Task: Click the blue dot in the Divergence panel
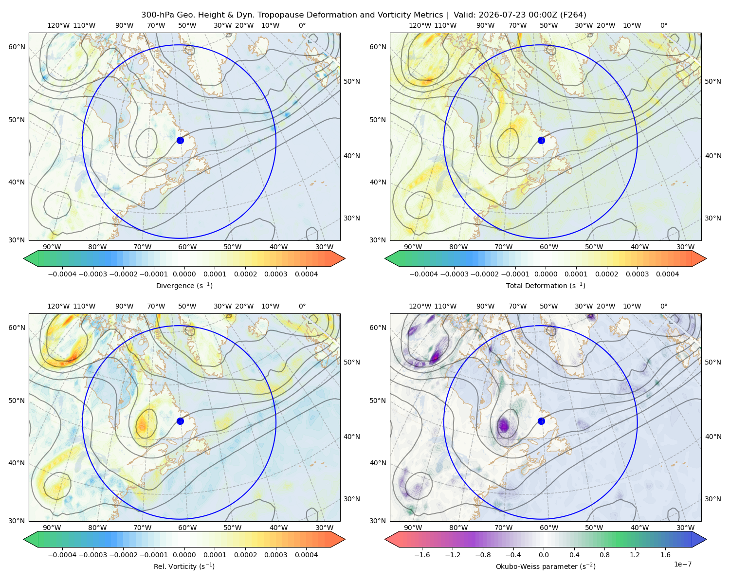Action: (180, 140)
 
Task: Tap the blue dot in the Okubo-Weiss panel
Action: (541, 421)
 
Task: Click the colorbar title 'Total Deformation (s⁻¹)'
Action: (546, 285)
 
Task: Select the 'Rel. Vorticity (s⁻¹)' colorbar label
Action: (184, 566)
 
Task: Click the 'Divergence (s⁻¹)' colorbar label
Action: (184, 285)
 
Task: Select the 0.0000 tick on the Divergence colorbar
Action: (184, 274)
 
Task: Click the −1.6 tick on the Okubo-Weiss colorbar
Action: (422, 554)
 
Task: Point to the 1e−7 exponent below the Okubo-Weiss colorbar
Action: (682, 564)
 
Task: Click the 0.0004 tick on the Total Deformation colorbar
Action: (667, 274)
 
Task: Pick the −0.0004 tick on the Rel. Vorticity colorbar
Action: (62, 554)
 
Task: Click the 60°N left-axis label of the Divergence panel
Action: (17, 47)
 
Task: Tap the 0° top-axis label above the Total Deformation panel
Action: (663, 25)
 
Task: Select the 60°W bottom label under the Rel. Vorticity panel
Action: (187, 528)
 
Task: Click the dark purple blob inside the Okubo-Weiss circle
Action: (504, 425)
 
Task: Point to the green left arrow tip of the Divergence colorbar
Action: (24, 258)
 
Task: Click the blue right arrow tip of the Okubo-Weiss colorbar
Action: (706, 539)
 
